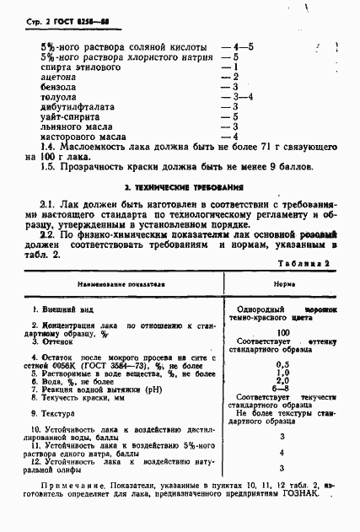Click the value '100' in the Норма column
(283, 334)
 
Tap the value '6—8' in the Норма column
(283, 389)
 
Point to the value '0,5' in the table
(283, 363)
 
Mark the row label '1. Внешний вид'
(59, 309)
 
